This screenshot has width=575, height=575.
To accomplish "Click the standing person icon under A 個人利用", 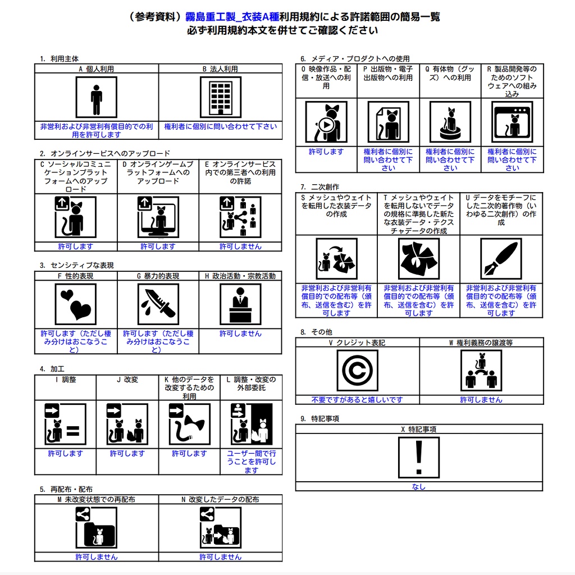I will pyautogui.click(x=97, y=98).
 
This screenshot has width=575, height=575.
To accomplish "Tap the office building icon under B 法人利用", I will pyautogui.click(x=220, y=98).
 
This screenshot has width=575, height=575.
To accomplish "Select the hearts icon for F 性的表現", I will pyautogui.click(x=76, y=304).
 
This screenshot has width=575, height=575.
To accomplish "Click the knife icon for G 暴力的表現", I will pyautogui.click(x=158, y=304).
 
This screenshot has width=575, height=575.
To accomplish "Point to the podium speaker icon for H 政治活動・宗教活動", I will pyautogui.click(x=240, y=304).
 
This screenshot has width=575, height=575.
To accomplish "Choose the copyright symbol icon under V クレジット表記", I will pyautogui.click(x=357, y=371).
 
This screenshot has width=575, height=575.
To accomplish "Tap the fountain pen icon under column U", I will pyautogui.click(x=501, y=259).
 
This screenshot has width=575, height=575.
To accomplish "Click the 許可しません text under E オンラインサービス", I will pyautogui.click(x=240, y=247).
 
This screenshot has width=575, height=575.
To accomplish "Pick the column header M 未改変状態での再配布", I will pyautogui.click(x=96, y=499).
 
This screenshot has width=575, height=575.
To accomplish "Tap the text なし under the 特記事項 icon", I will pyautogui.click(x=418, y=487).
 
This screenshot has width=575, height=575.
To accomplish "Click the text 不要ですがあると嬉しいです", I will pyautogui.click(x=357, y=400).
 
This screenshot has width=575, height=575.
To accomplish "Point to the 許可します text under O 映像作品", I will pyautogui.click(x=326, y=152).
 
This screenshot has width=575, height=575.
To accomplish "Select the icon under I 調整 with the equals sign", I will pyautogui.click(x=65, y=424).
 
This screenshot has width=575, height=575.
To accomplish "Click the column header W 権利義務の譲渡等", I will pyautogui.click(x=481, y=343).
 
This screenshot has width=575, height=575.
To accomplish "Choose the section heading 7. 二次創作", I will pyautogui.click(x=320, y=186).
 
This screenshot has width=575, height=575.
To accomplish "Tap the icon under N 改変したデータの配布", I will pyautogui.click(x=220, y=528).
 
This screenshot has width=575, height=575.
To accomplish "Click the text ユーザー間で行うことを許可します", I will pyautogui.click(x=251, y=462).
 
